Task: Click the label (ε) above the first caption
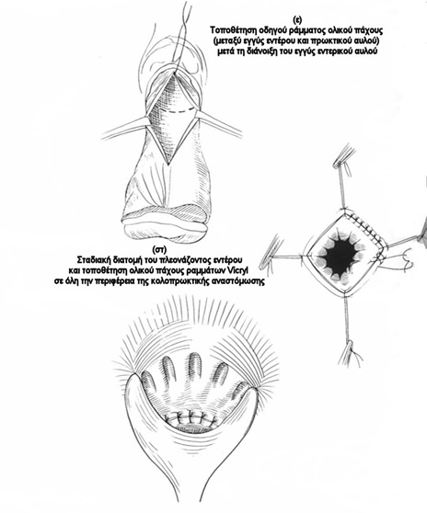click(297, 20)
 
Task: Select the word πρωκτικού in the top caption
click(331, 40)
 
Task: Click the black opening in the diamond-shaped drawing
click(341, 255)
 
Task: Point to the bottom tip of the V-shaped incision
click(167, 164)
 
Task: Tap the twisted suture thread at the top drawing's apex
click(180, 36)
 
